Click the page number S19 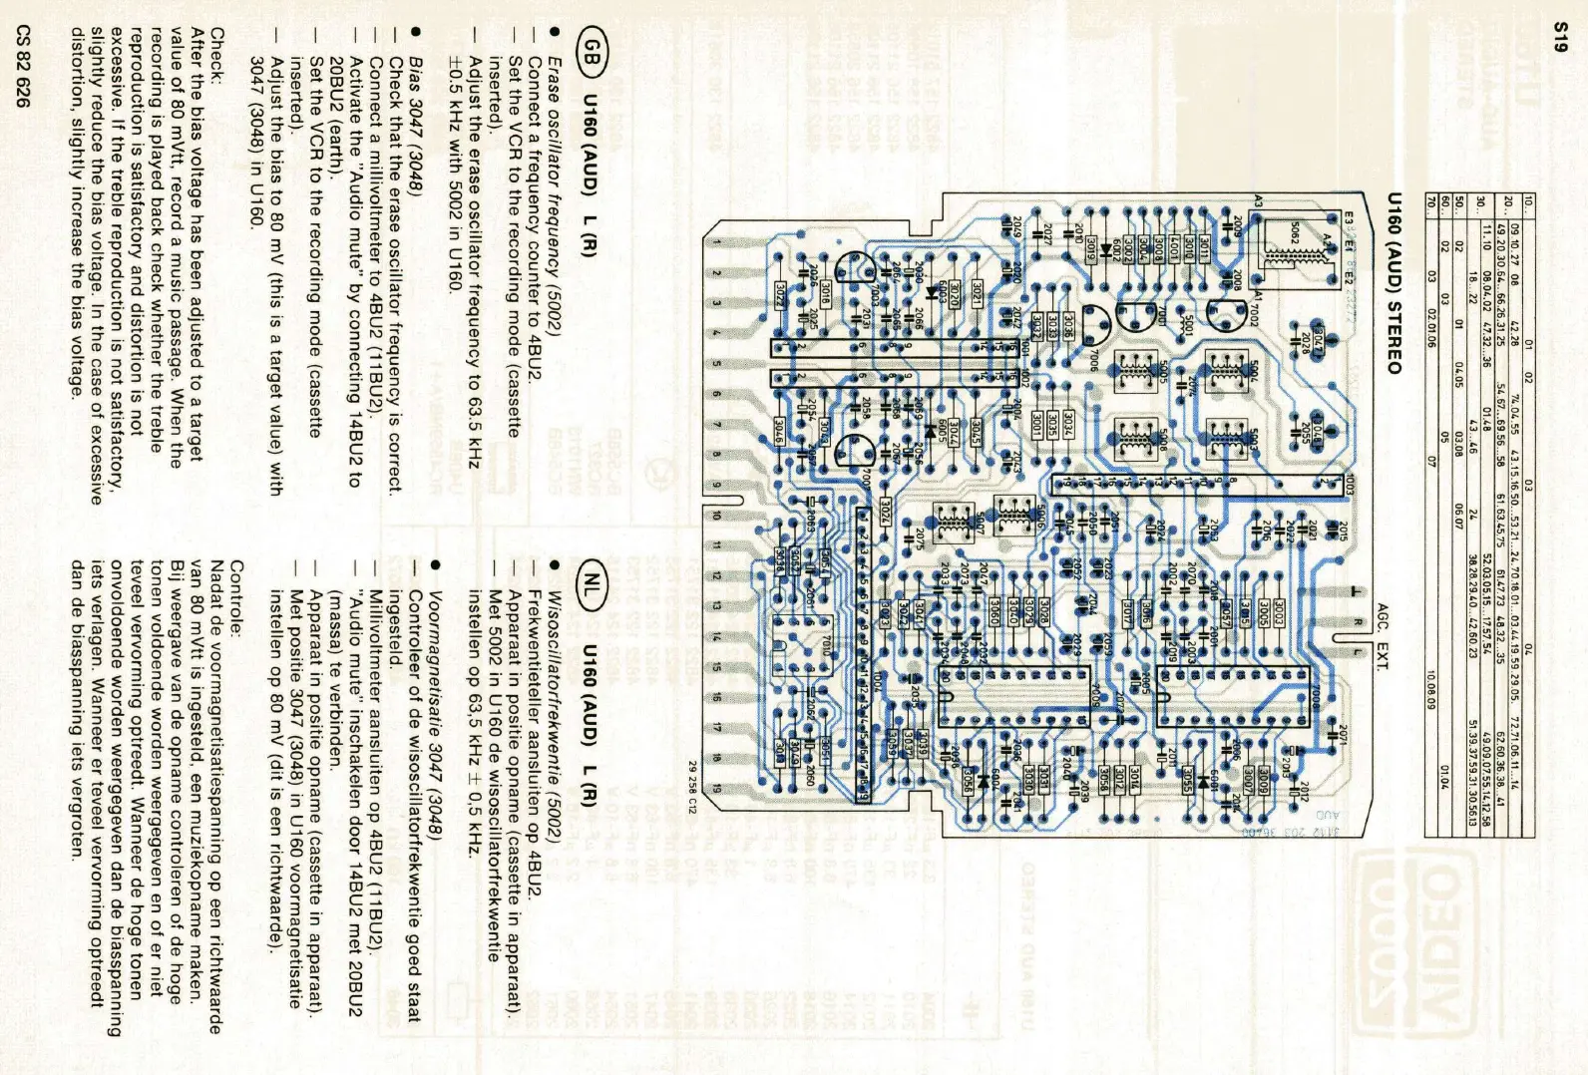pos(1562,39)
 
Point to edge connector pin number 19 pos(715,788)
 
